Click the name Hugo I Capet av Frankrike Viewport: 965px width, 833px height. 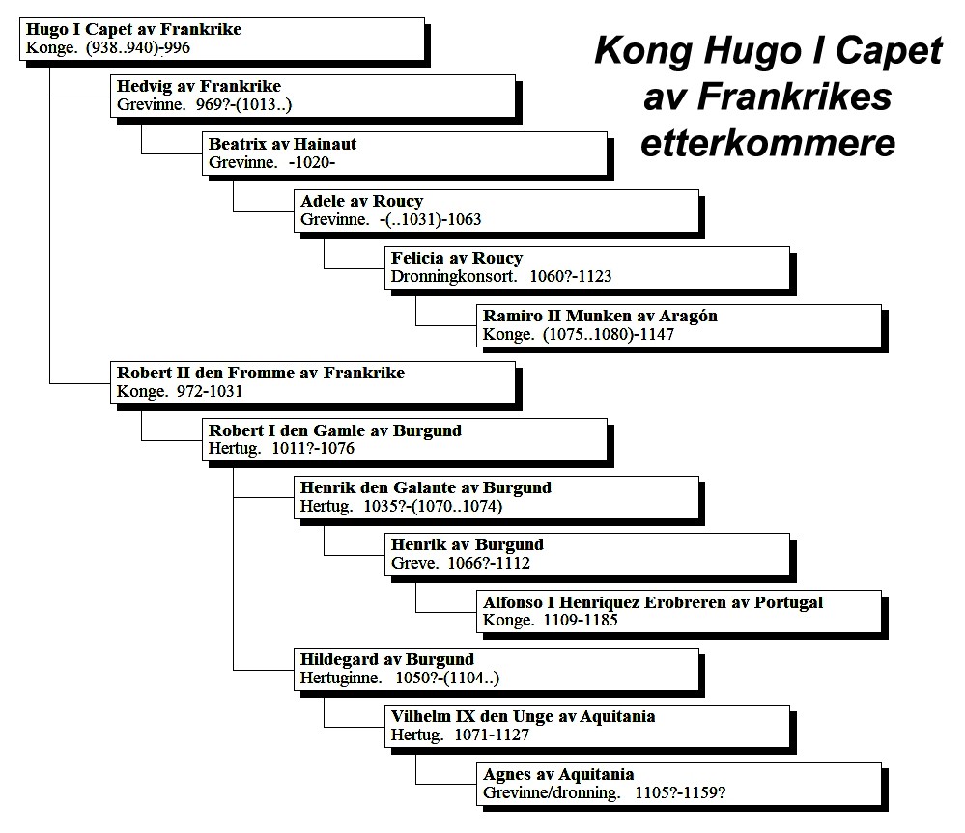tap(133, 30)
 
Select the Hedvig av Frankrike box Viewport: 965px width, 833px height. tap(313, 96)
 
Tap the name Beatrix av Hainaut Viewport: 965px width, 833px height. tap(282, 144)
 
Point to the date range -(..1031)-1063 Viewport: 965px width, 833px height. tap(430, 219)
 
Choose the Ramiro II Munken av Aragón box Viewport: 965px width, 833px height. tap(679, 325)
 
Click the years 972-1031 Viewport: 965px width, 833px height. tap(210, 392)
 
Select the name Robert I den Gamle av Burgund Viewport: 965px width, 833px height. tap(335, 430)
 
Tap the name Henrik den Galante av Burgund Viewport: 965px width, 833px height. tap(425, 487)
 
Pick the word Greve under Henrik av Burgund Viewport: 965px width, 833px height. tap(414, 563)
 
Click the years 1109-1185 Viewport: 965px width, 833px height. tap(581, 621)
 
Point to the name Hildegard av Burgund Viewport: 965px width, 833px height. tap(387, 659)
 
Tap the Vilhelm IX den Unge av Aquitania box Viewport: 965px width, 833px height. tap(587, 726)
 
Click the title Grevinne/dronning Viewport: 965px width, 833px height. tap(552, 793)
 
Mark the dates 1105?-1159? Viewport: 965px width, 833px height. tap(680, 793)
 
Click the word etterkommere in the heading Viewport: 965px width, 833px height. tap(767, 143)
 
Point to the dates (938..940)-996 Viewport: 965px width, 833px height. tap(138, 48)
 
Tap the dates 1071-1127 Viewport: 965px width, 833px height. tap(492, 736)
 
